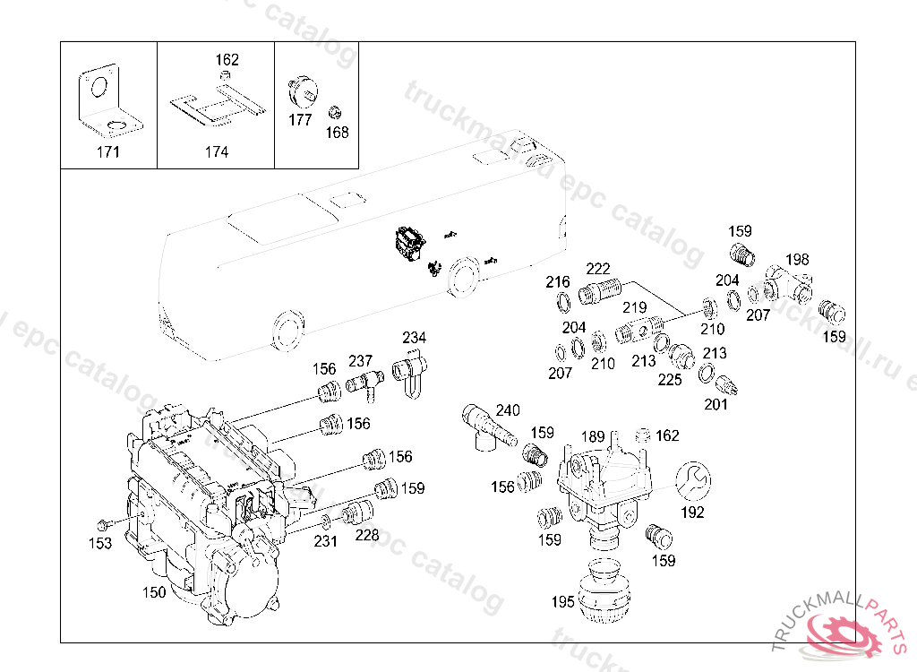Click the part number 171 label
point(108,152)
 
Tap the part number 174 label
point(217,152)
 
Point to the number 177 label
point(300,120)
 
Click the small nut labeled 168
point(335,112)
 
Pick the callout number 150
point(154,592)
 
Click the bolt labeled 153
point(104,522)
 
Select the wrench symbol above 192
point(693,481)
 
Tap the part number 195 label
point(562,602)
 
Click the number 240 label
point(508,410)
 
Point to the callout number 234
point(414,338)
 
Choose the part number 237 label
point(361,361)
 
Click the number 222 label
point(597,269)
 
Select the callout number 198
point(797,259)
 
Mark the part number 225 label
point(670,380)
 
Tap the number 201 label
point(716,404)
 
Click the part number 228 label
point(367,535)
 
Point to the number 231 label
point(326,541)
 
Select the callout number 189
point(593,436)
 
